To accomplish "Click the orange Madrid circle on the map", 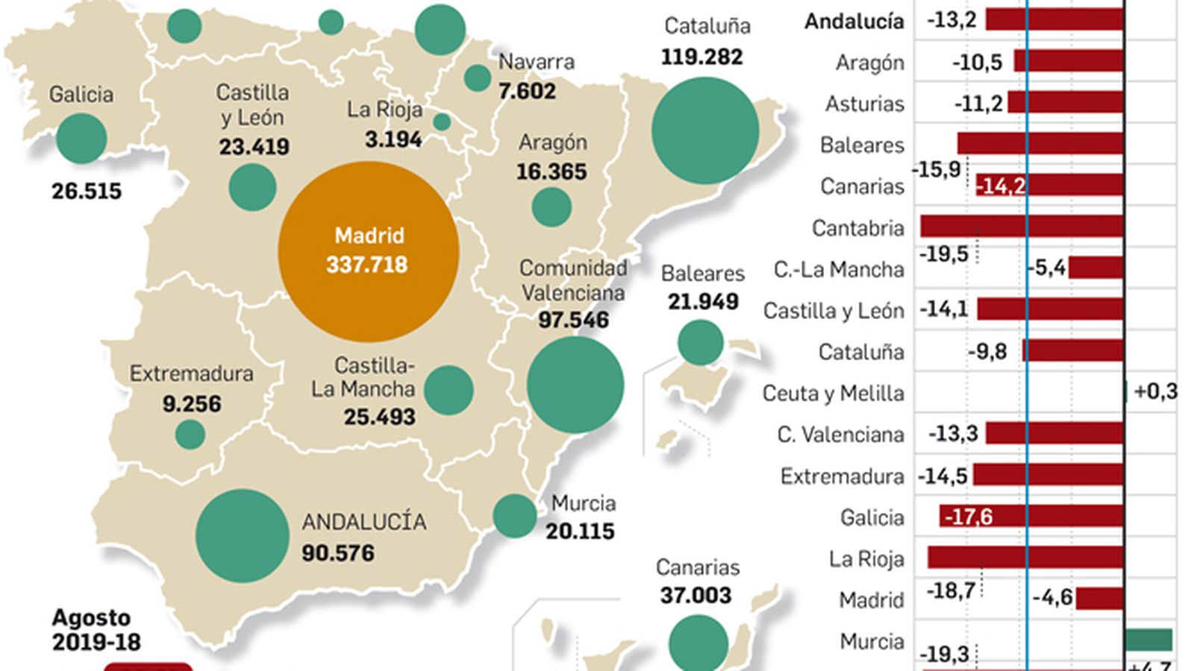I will click(369, 252).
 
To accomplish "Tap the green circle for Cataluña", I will click(704, 130).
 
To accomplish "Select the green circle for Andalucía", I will click(242, 535).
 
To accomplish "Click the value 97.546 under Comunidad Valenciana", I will click(573, 320).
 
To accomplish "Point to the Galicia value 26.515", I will click(87, 192).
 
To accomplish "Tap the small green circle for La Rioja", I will click(442, 122).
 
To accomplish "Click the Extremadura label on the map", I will click(191, 374).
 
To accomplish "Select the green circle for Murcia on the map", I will click(514, 516).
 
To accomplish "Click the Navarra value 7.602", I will click(527, 92).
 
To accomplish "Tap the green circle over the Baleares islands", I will click(700, 342).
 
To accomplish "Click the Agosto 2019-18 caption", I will click(95, 630).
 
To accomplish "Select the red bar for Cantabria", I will click(1022, 227).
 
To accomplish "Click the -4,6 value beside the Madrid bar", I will click(1052, 597).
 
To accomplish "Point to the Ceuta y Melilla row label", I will click(833, 393).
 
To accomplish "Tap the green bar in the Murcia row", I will click(1148, 640).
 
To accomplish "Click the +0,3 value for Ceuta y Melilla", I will click(1154, 391).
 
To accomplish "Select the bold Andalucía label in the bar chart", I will click(854, 21).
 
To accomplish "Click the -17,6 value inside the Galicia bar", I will click(969, 517).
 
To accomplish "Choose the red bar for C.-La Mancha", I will click(1095, 268).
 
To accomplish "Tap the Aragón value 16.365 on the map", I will click(551, 172).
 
